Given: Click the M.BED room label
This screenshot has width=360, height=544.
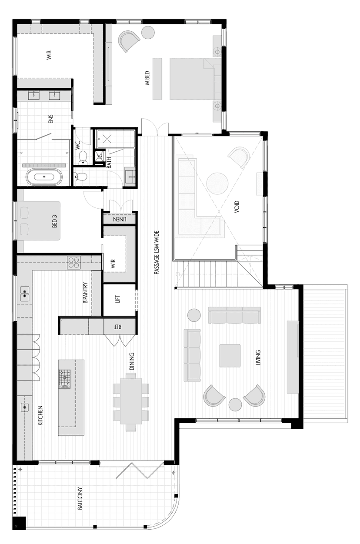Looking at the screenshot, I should point(148,78).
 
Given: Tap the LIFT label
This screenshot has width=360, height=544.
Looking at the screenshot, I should point(118,299).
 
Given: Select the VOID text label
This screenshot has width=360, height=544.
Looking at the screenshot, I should point(237,208).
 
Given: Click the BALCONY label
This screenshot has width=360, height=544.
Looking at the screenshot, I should point(80,498).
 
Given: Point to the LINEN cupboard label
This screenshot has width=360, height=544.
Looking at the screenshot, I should point(119,220).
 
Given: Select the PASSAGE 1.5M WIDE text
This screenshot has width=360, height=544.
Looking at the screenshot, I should point(156,252).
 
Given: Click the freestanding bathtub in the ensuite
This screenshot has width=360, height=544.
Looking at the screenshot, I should point(43,177).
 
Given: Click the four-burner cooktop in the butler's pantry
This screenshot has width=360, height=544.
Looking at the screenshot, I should point(73,262).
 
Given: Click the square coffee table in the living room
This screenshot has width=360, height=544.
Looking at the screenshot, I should point(230,355).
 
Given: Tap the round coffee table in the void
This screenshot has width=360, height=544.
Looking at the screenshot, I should point(217,184).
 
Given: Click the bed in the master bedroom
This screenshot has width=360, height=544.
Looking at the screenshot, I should point(191,79).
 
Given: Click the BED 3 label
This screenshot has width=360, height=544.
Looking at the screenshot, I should point(55,221).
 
